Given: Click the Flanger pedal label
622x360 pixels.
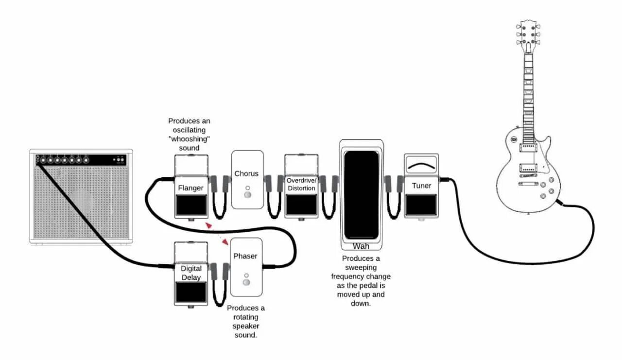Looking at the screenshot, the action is tap(190, 188).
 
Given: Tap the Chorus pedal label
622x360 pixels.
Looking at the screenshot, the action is tap(246, 173).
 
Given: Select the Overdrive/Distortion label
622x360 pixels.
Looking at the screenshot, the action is tap(301, 184).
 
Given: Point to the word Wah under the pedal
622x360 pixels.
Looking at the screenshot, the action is tap(361, 246).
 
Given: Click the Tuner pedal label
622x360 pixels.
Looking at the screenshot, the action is tap(421, 186).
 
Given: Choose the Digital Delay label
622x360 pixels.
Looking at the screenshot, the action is tap(191, 273).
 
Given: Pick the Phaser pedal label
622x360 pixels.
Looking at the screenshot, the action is tap(245, 256).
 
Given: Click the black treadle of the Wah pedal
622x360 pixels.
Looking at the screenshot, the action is tap(361, 194).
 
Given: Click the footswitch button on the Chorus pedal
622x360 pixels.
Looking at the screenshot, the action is tap(247, 195).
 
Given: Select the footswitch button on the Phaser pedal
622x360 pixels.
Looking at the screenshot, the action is tap(246, 283).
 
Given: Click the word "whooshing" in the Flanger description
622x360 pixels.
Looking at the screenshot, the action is tap(189, 139).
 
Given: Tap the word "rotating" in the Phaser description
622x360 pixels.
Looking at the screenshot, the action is tap(246, 317).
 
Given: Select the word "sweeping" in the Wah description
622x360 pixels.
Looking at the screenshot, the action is tap(361, 268).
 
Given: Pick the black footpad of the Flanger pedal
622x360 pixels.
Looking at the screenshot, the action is tap(190, 205).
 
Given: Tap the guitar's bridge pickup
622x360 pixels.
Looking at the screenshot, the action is tap(528, 168).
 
